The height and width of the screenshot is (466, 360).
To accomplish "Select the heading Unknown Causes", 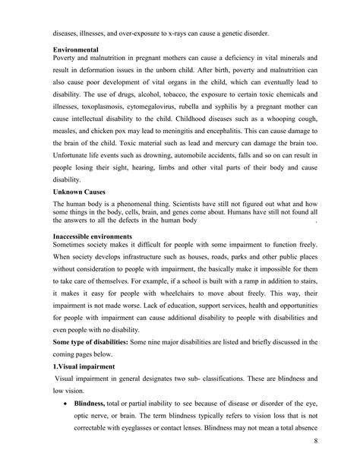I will coord(78,194).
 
